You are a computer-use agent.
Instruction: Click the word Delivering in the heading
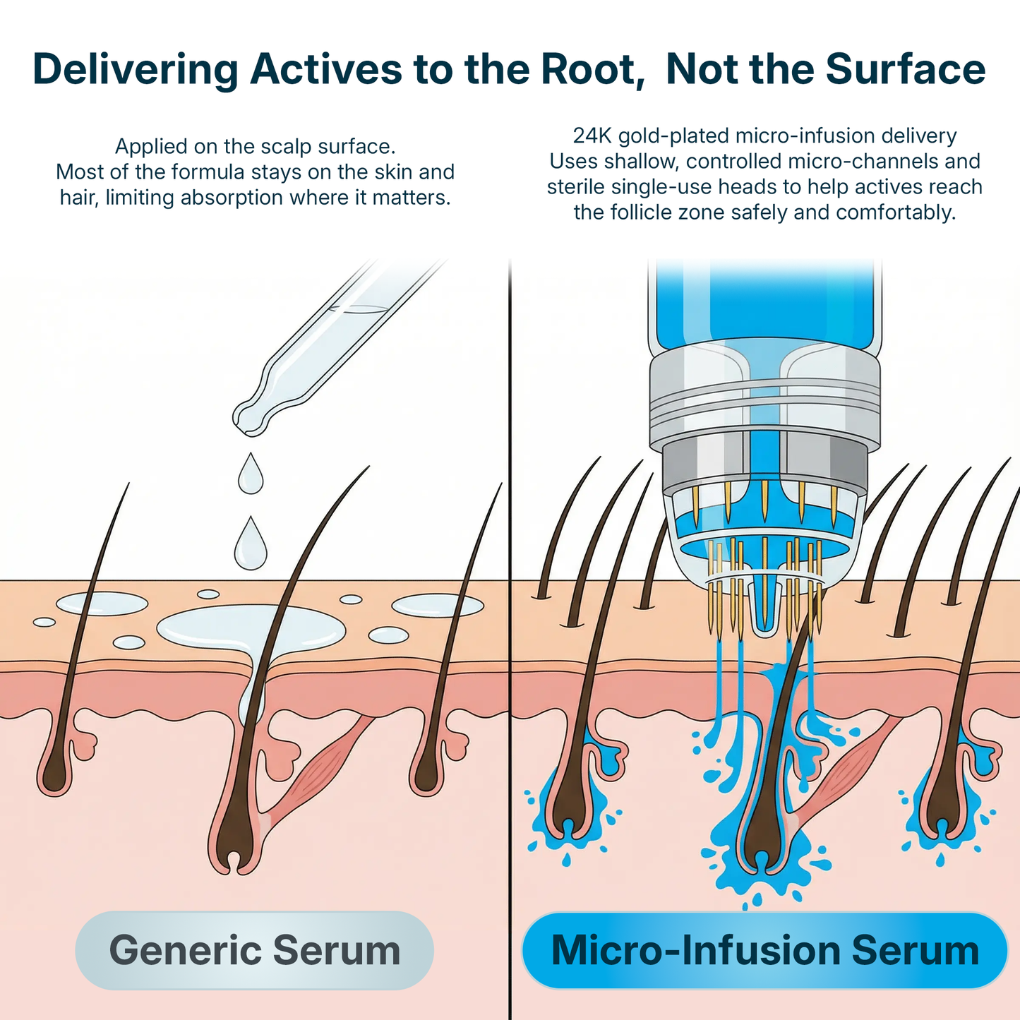pyautogui.click(x=136, y=69)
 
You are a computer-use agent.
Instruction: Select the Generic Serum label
pyautogui.click(x=254, y=950)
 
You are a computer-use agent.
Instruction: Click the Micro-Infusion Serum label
pyautogui.click(x=764, y=950)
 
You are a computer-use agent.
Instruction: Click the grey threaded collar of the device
pyautogui.click(x=764, y=402)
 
